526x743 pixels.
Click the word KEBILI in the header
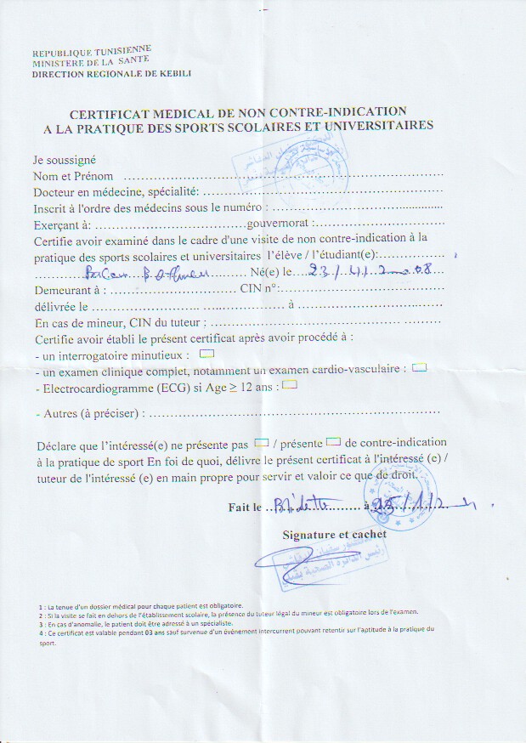pyautogui.click(x=175, y=74)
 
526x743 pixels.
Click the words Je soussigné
pyautogui.click(x=65, y=159)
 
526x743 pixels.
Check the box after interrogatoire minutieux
pyautogui.click(x=206, y=352)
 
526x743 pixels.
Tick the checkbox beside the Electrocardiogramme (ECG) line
pyautogui.click(x=289, y=384)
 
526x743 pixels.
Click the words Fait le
pyautogui.click(x=246, y=508)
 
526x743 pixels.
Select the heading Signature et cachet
pyautogui.click(x=334, y=534)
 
